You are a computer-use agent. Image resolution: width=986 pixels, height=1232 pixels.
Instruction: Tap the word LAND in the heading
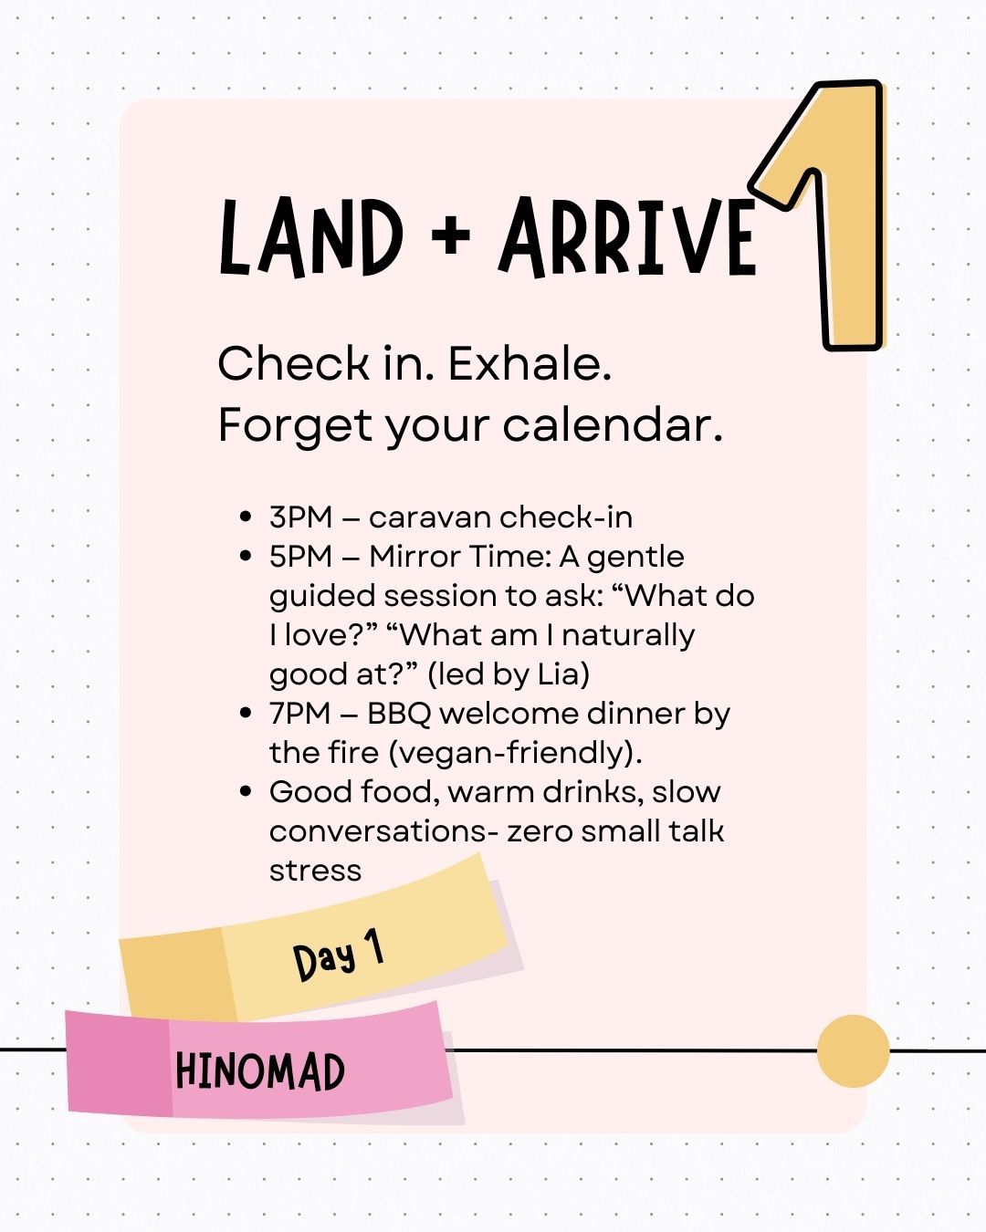pos(311,238)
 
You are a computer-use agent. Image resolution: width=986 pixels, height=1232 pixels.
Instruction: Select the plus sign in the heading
pos(451,235)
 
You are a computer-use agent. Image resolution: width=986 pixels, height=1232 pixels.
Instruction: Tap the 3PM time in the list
pos(300,517)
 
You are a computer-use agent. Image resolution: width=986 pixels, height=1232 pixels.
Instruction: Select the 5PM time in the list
pos(300,557)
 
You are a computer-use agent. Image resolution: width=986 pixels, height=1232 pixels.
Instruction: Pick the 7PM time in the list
pos(300,714)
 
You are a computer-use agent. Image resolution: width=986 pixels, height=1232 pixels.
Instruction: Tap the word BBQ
pos(399,715)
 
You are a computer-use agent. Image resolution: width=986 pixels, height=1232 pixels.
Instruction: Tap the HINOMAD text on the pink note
pos(260,1071)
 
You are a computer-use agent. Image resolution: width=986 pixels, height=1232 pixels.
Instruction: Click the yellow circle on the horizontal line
pos(853,1051)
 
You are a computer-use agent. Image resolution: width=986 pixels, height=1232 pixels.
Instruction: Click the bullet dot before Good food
pos(246,792)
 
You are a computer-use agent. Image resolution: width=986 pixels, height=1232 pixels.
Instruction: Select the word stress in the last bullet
pos(315,872)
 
